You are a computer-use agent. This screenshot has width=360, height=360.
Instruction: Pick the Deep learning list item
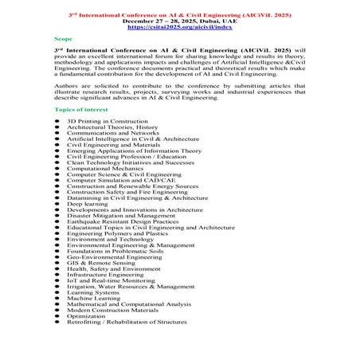click(x=88, y=203)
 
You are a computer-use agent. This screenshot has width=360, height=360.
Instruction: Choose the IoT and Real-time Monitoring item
click(x=112, y=280)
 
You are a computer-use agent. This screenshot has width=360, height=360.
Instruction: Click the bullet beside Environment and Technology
click(x=57, y=239)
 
